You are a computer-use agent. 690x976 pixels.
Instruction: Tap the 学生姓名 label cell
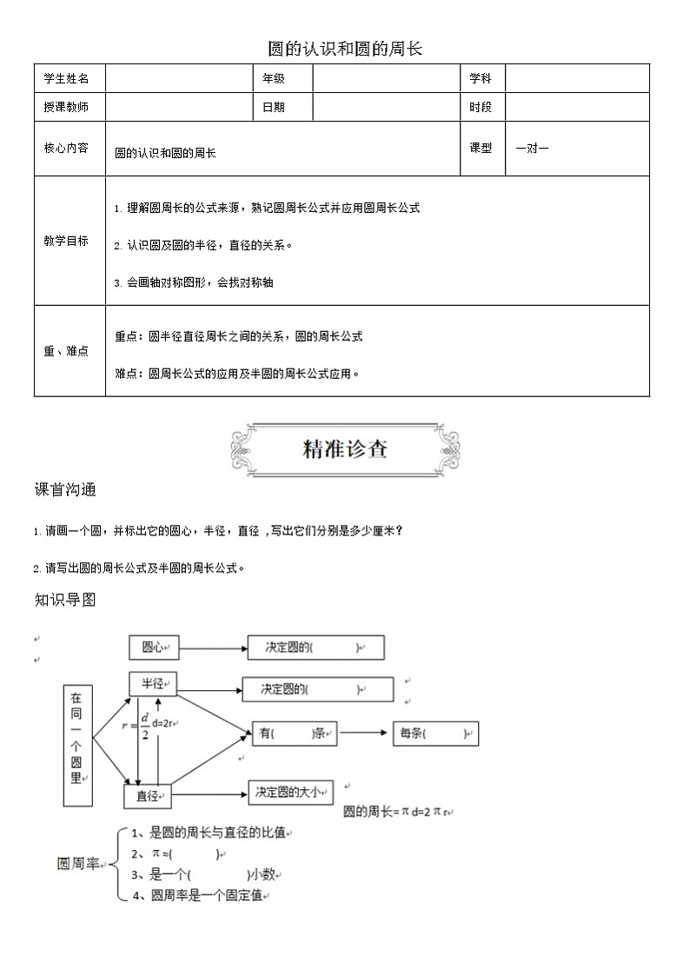[67, 78]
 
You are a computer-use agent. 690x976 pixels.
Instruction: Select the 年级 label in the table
[274, 78]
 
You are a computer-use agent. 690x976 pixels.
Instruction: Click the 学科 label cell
[481, 78]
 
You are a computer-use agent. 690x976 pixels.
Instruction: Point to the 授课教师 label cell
[67, 107]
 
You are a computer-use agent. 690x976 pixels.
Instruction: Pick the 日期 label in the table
[274, 107]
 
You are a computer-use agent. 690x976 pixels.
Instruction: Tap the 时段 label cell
[481, 107]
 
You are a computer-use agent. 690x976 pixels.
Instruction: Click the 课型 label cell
[481, 148]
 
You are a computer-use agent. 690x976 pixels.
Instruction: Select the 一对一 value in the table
[532, 148]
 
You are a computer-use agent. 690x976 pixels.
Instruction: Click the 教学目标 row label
[67, 241]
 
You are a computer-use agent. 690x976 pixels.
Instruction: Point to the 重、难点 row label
[67, 351]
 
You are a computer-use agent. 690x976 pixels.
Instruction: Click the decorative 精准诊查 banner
[345, 449]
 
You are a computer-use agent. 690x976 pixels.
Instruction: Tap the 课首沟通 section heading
[65, 489]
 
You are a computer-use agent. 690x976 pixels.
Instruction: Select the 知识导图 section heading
[65, 600]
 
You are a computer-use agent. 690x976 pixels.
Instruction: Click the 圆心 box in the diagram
[154, 647]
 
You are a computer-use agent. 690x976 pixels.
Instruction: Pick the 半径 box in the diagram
[153, 684]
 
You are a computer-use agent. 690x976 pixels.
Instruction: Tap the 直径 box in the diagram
[147, 795]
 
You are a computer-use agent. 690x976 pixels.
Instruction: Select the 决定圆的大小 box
[289, 792]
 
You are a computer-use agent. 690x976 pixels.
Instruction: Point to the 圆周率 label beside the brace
[79, 865]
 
